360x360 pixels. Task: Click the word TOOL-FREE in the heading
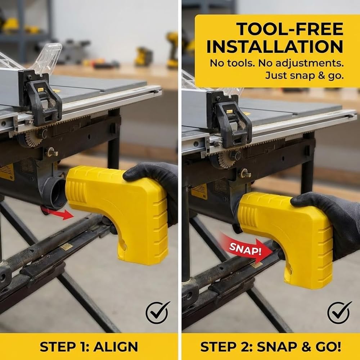[290, 29]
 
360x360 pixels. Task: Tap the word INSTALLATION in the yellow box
[275, 46]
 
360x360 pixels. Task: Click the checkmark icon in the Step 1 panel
[158, 312]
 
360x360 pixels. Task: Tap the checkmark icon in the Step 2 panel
[339, 312]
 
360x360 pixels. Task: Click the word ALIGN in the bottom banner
[116, 347]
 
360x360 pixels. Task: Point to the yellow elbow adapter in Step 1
[120, 207]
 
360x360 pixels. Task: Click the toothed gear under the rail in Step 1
[33, 139]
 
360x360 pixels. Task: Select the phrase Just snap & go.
[304, 76]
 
